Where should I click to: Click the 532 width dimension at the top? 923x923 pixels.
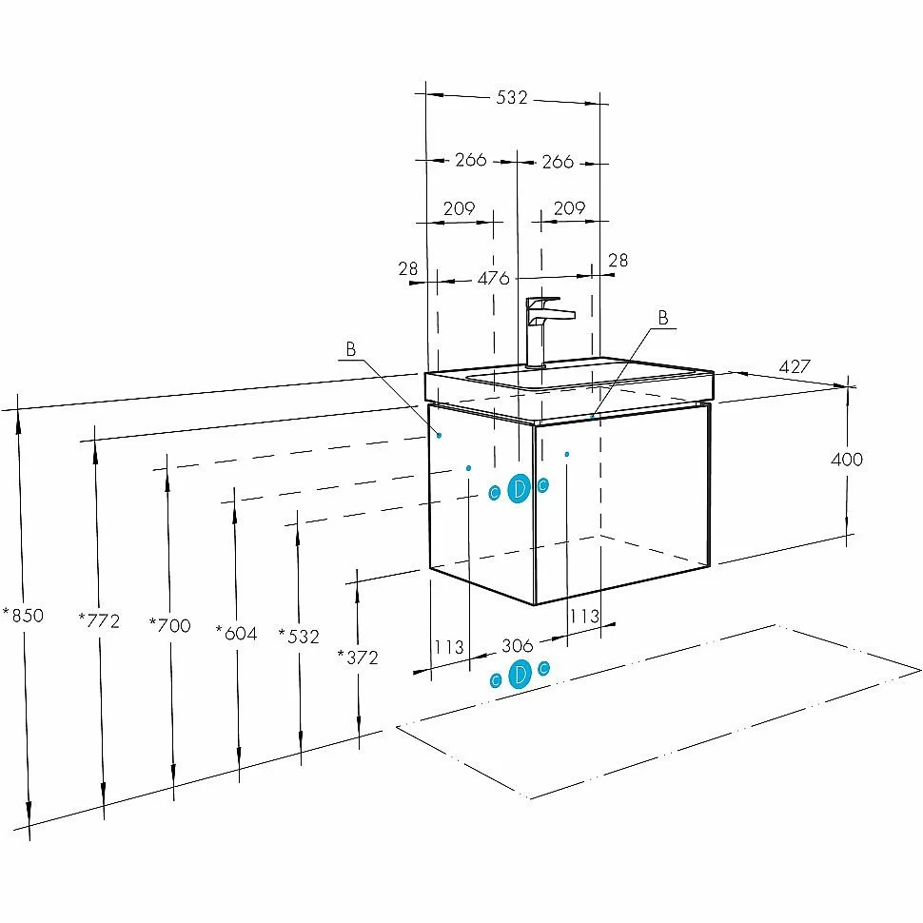click(512, 97)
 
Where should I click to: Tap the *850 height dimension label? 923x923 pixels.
click(23, 615)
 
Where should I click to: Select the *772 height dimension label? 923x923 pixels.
click(99, 620)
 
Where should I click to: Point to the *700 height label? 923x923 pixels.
click(170, 624)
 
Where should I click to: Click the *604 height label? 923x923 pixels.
click(237, 633)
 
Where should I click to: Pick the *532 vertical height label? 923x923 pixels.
click(299, 636)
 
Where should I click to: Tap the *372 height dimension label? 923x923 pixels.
click(358, 657)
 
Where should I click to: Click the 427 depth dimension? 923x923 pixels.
click(795, 366)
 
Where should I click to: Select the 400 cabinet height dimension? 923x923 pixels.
click(847, 460)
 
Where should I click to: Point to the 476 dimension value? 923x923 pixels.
click(493, 278)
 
